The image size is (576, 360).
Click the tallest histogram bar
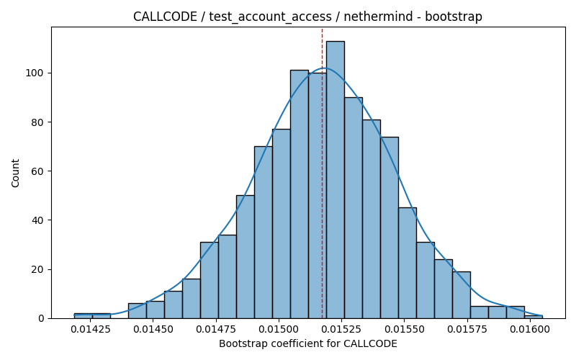click(336, 179)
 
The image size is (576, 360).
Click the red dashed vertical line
click(322, 173)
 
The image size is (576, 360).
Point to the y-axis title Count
click(15, 173)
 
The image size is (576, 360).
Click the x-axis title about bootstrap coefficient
click(308, 344)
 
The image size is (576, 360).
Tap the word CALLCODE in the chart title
click(165, 17)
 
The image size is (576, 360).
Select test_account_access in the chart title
click(271, 17)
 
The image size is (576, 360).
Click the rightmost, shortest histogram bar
click(534, 317)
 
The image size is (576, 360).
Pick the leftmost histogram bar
click(83, 316)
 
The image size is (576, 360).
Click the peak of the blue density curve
click(325, 68)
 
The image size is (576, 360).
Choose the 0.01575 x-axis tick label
click(467, 329)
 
